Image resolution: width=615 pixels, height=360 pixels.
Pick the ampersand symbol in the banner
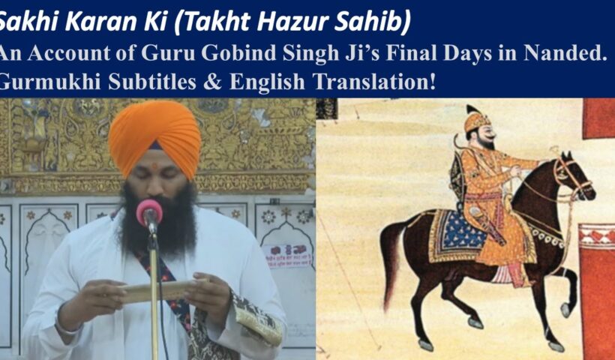point(212,82)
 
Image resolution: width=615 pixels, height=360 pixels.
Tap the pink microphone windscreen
point(149,212)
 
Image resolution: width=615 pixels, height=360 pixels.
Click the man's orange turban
point(154,137)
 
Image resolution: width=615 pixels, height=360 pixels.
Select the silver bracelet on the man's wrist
point(67,324)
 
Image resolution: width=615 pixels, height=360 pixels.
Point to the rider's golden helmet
point(475,118)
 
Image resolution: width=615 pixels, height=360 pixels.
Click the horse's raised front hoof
point(565,310)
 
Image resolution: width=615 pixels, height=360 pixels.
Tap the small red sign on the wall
point(288,255)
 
